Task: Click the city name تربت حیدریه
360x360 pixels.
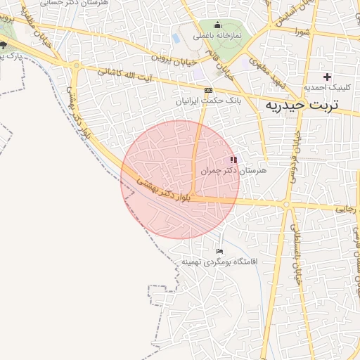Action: pyautogui.click(x=300, y=105)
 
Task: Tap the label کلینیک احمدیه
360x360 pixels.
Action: pyautogui.click(x=326, y=87)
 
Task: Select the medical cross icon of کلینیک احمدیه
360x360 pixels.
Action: pyautogui.click(x=327, y=76)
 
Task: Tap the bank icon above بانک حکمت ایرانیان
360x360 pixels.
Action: pyautogui.click(x=208, y=91)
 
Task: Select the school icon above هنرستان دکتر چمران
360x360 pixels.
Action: pyautogui.click(x=233, y=160)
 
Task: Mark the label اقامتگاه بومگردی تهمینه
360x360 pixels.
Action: pyautogui.click(x=220, y=262)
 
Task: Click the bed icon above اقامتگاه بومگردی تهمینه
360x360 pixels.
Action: pyautogui.click(x=220, y=251)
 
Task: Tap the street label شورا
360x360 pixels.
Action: pyautogui.click(x=303, y=32)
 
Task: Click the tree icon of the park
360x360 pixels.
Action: pyautogui.click(x=4, y=45)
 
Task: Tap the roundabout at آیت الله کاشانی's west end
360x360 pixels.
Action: pyautogui.click(x=75, y=65)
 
